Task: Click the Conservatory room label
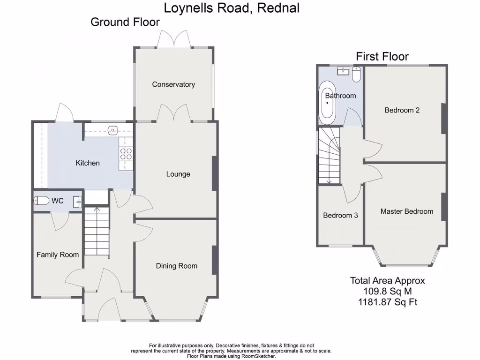[x=173, y=84]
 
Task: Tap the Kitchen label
[x=88, y=163]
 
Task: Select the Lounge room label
[x=178, y=174]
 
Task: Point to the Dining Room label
[x=176, y=266]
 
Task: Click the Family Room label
[x=58, y=255]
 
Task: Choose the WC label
[x=58, y=201]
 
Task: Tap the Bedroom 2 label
[x=402, y=110]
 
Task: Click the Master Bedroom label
[x=406, y=211]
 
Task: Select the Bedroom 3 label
[x=340, y=216]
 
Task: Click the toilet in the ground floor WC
[x=41, y=201]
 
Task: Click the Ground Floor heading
[x=125, y=22]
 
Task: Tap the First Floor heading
[x=382, y=57]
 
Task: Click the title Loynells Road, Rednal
[x=231, y=8]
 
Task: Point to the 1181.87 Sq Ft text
[x=387, y=302]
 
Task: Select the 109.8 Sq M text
[x=387, y=292]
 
